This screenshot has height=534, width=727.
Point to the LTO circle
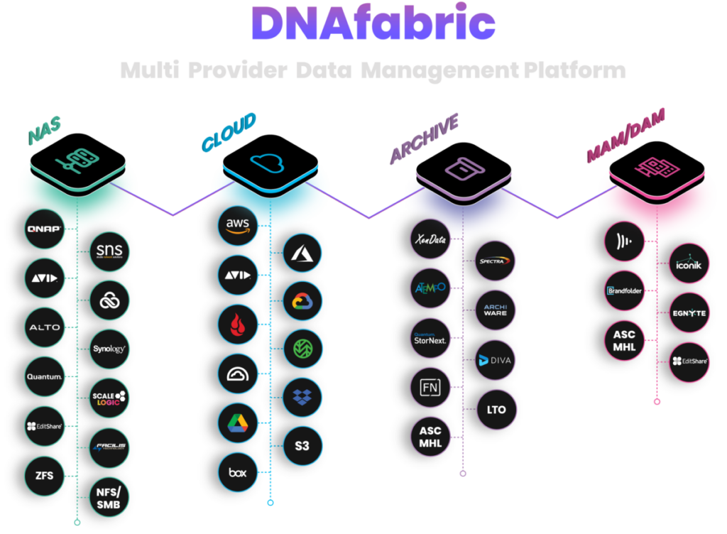point(497,409)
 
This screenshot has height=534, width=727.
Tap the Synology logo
point(110,349)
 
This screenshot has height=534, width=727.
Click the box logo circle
point(237,472)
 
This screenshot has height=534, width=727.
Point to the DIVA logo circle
point(497,361)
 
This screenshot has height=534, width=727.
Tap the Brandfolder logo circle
point(624,290)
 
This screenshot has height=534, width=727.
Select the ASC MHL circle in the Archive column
point(431,437)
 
